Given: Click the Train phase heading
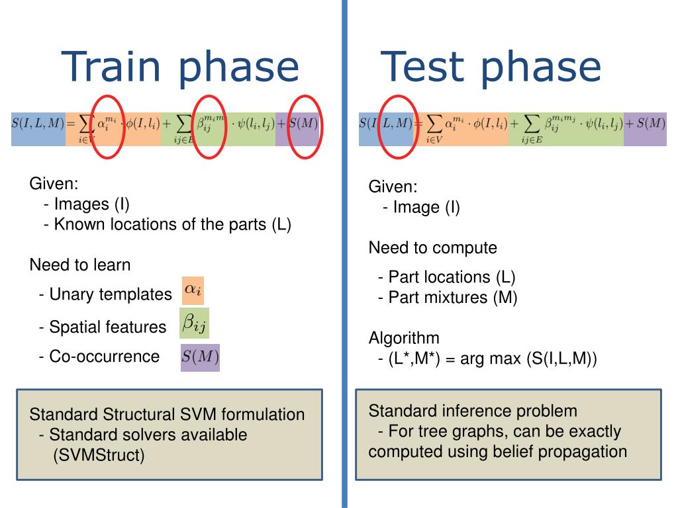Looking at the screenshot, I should (x=180, y=67).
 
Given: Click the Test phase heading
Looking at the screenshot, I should (x=491, y=67).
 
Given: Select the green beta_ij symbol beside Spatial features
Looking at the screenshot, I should (x=195, y=323).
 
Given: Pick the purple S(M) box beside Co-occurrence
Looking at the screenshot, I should (x=200, y=357).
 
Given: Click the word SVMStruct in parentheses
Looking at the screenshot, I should (x=99, y=455).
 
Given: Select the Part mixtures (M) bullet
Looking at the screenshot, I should (x=448, y=297).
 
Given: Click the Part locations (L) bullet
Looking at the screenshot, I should (x=447, y=276).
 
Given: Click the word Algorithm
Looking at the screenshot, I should (x=404, y=339).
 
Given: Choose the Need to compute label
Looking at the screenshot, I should (x=432, y=248).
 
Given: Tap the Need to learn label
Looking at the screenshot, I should (x=80, y=265).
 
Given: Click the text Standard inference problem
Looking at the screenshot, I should (x=473, y=411).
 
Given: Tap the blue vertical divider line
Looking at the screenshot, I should (x=344, y=265).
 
